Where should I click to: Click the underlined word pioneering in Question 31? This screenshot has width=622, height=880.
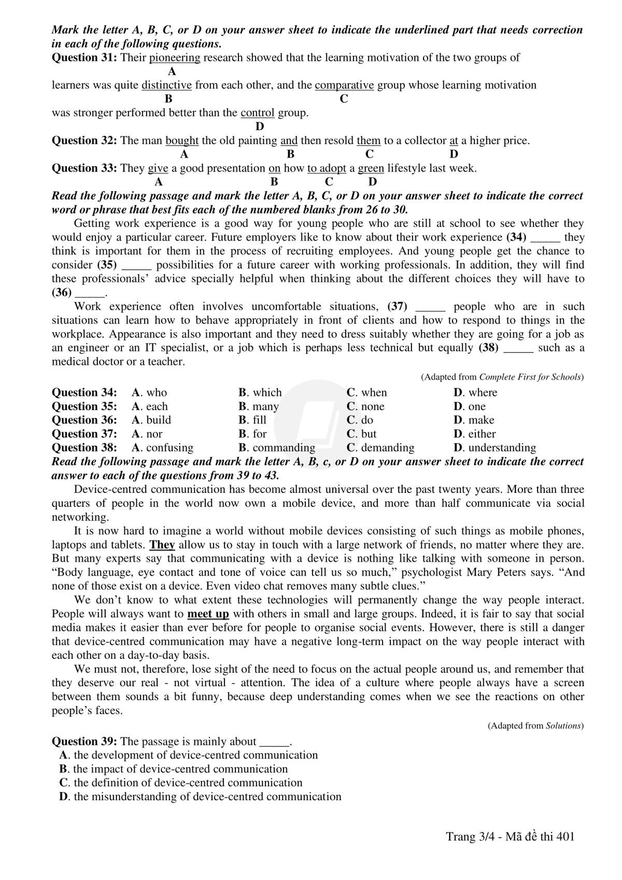[175, 58]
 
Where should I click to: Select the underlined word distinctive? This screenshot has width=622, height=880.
[166, 85]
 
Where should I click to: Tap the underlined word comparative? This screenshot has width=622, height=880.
[344, 85]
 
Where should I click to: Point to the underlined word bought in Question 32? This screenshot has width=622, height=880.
[182, 140]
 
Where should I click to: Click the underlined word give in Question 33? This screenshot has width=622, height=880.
[158, 168]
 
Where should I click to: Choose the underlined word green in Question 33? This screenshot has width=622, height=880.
[371, 168]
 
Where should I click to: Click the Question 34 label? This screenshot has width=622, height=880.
[84, 392]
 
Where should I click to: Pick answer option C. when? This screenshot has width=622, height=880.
[367, 392]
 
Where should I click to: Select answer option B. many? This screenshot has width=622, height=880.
[259, 406]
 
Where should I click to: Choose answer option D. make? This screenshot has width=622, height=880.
[474, 420]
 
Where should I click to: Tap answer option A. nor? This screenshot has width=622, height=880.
[147, 434]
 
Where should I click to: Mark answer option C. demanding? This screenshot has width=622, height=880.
[380, 447]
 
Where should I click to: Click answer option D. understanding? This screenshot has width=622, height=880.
[494, 447]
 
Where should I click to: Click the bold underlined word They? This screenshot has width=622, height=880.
[162, 545]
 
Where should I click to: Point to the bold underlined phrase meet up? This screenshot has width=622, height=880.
[208, 614]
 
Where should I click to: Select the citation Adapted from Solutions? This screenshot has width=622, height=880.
[535, 726]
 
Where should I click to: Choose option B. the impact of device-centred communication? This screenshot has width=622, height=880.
[174, 769]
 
